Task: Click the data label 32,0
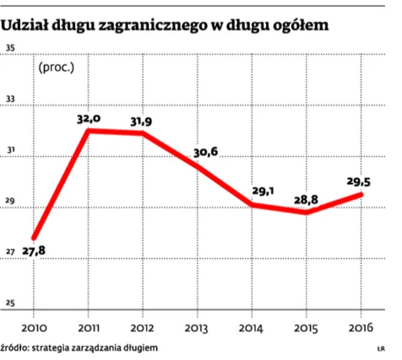click(89, 120)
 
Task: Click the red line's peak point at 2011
click(89, 131)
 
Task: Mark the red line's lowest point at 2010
click(33, 237)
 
